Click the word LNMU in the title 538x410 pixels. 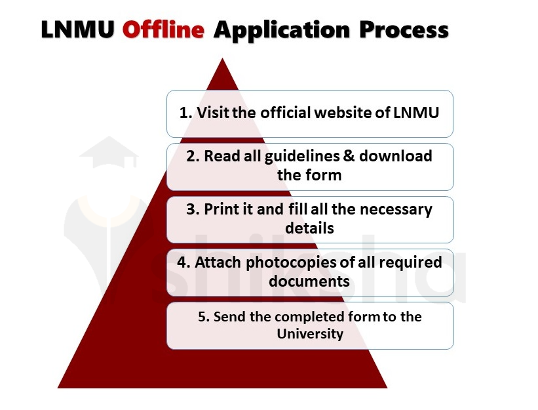tap(78, 30)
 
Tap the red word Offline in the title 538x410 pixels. tap(163, 30)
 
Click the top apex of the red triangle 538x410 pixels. tap(223, 60)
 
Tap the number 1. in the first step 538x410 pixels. tap(186, 113)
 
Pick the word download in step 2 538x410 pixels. tap(396, 156)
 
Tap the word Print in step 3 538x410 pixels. tap(221, 209)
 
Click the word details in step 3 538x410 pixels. tap(309, 228)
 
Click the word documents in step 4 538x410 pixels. tap(309, 281)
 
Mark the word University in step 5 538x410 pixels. tap(310, 334)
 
